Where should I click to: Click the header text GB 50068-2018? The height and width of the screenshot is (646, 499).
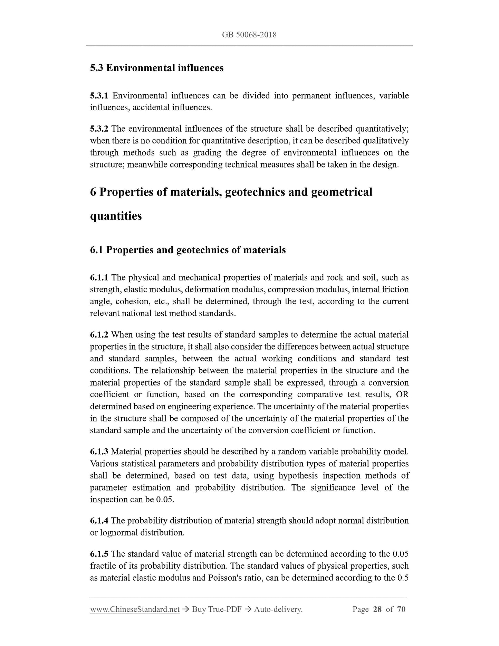249,35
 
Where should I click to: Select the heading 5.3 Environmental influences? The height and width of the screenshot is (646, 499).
157,68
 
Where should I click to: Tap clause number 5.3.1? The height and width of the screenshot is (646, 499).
99,96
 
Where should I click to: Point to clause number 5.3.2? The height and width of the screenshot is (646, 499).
99,129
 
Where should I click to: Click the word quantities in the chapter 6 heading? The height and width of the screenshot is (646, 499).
116,216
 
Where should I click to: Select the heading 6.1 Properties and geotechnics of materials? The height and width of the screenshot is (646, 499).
188,250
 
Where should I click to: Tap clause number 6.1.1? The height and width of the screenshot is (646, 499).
99,278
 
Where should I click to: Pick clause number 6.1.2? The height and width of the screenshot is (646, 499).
99,335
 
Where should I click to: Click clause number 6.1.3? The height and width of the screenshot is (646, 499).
99,452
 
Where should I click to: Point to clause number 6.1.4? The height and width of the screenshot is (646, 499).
99,521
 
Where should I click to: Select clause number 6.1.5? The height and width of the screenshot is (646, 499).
99,554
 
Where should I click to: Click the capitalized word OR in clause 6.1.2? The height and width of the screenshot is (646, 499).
402,395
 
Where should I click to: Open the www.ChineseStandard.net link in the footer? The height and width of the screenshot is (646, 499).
135,610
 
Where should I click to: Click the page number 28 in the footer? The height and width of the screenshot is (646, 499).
377,610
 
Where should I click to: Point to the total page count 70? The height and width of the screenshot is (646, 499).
401,610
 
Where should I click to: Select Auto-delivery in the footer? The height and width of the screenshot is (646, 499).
278,610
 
